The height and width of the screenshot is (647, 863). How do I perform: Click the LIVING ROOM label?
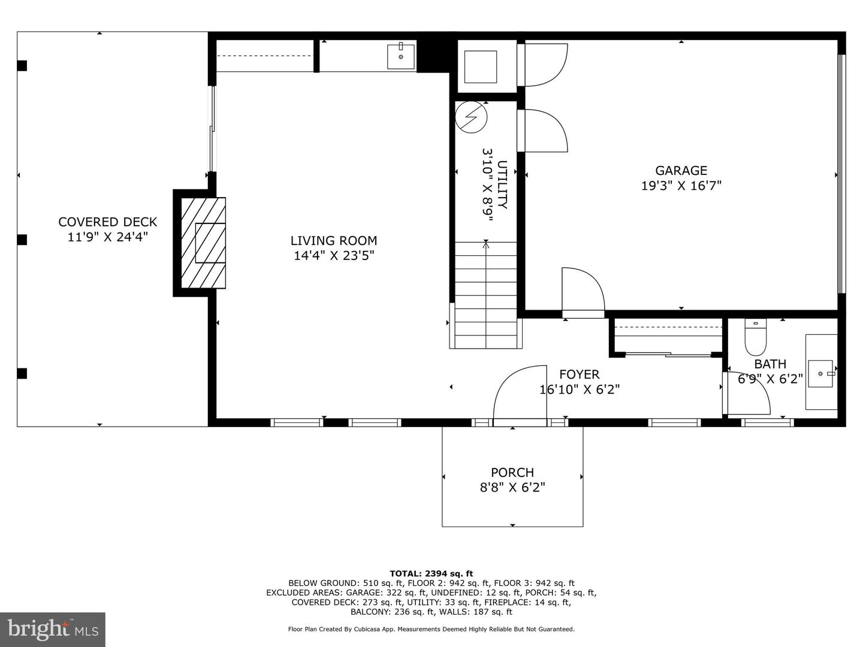[334, 241]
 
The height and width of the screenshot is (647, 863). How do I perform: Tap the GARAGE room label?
[681, 171]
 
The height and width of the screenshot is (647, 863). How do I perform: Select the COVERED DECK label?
[107, 222]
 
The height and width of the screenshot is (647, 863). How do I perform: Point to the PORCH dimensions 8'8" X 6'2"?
[512, 488]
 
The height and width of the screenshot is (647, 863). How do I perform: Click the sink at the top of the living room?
[401, 57]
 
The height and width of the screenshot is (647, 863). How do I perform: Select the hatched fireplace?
[204, 243]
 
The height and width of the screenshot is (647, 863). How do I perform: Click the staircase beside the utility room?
[486, 294]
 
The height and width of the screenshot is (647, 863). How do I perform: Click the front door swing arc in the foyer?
[519, 392]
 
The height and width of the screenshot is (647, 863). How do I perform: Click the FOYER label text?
[579, 374]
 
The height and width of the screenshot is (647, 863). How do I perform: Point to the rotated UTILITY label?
[502, 185]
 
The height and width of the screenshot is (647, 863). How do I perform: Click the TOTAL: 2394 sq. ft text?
[431, 573]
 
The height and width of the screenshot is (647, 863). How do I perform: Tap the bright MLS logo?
[52, 629]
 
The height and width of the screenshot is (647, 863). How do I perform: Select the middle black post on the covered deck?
[22, 240]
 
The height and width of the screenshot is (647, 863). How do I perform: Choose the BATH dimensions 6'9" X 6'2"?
[770, 379]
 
